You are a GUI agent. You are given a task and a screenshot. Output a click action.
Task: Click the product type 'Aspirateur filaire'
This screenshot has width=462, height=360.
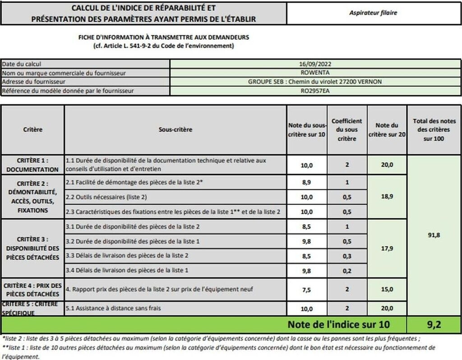coord(373,13)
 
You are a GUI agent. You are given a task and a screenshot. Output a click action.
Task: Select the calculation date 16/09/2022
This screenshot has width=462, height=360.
coord(315,65)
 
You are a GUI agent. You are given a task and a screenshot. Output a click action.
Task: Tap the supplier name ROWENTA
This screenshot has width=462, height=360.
coord(315,73)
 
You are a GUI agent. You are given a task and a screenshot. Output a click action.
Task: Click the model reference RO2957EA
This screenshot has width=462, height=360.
coord(315,91)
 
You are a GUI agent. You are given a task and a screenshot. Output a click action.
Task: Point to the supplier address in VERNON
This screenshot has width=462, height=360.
coord(315,82)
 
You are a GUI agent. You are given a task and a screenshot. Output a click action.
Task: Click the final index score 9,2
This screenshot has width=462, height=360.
coord(433,324)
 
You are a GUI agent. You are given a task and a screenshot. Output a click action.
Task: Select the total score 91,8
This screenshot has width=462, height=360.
coord(433,234)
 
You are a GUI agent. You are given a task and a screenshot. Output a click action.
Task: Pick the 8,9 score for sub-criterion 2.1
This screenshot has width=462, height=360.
coord(307,182)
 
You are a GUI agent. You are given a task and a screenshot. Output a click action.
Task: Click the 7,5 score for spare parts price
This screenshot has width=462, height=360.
coord(307,290)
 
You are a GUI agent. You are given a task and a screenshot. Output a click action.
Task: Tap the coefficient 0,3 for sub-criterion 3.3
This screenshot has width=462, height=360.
coord(346,256)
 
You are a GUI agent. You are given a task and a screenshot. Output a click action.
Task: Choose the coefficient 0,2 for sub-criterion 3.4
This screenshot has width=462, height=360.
coord(346,270)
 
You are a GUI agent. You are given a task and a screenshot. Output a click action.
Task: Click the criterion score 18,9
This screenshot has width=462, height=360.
coord(387,197)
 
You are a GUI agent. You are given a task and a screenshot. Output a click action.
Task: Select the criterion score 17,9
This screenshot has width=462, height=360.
coord(387,248)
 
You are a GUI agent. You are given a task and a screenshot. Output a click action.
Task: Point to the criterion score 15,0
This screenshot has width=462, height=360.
coord(387,290)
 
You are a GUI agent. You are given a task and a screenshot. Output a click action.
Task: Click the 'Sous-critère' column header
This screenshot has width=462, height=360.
coord(175,129)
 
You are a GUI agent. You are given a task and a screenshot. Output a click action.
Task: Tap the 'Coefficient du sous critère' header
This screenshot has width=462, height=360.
coord(346,130)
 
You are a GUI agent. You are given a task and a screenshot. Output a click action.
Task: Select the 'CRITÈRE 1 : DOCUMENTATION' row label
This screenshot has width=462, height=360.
coord(32,165)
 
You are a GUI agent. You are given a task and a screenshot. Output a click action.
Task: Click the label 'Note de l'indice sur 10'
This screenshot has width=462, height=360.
coord(339,324)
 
